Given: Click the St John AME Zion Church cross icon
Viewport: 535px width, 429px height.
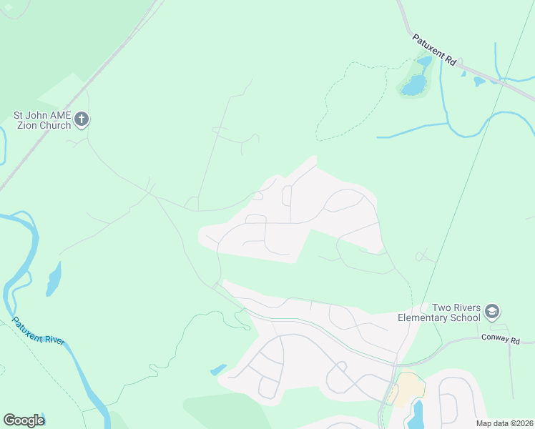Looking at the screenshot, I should [x=82, y=119].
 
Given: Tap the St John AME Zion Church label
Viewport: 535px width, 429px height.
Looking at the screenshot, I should [x=42, y=119].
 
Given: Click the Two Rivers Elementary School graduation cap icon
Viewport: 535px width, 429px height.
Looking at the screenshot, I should [x=491, y=312].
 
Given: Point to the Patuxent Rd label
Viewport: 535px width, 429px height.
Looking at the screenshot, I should [x=434, y=50].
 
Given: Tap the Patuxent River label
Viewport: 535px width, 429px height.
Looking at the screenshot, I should [x=39, y=331].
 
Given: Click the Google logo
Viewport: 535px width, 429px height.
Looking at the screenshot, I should [x=24, y=420].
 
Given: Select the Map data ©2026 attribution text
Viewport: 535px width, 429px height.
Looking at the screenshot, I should [x=504, y=423].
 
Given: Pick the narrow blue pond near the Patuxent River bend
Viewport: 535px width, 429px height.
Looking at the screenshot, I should [x=53, y=280].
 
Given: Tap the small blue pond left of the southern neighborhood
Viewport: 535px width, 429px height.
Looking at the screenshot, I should [x=218, y=370].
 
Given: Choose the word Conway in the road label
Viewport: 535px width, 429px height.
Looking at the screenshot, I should [x=495, y=337].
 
